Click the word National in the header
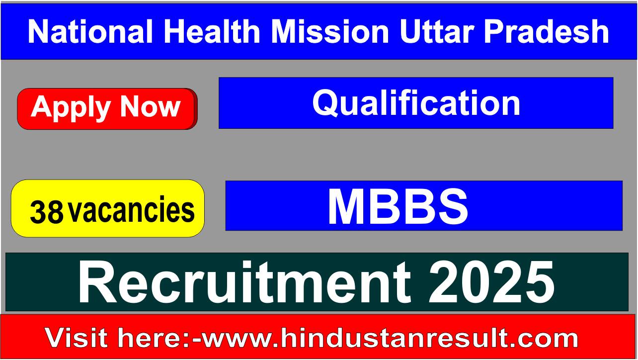[90, 31]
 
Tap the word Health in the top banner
[212, 31]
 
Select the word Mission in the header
[330, 31]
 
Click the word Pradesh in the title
[546, 31]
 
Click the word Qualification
[416, 103]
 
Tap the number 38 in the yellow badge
[47, 212]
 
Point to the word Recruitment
[244, 282]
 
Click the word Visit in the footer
[76, 338]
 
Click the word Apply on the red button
[71, 107]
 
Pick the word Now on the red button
[151, 106]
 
